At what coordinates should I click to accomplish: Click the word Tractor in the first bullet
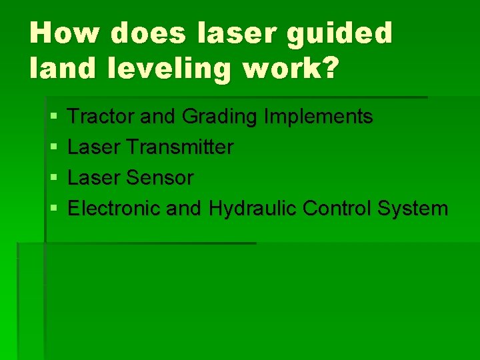102,117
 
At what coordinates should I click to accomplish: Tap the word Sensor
163,178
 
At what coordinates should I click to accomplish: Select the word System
413,209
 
